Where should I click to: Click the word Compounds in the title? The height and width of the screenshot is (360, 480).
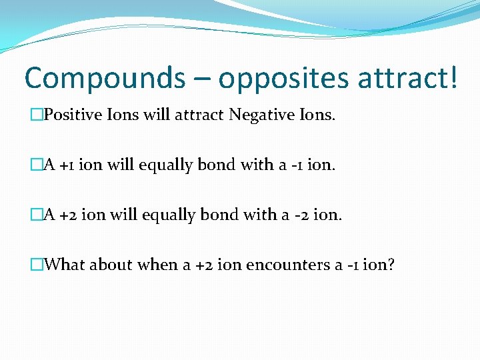click(104, 78)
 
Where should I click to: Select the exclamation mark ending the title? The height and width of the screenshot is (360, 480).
click(453, 77)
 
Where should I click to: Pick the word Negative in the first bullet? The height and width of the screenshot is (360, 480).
click(259, 116)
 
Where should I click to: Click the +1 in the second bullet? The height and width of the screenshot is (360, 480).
click(67, 165)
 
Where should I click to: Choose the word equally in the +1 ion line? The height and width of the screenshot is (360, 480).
click(167, 165)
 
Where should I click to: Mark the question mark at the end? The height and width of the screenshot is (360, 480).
click(391, 265)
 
